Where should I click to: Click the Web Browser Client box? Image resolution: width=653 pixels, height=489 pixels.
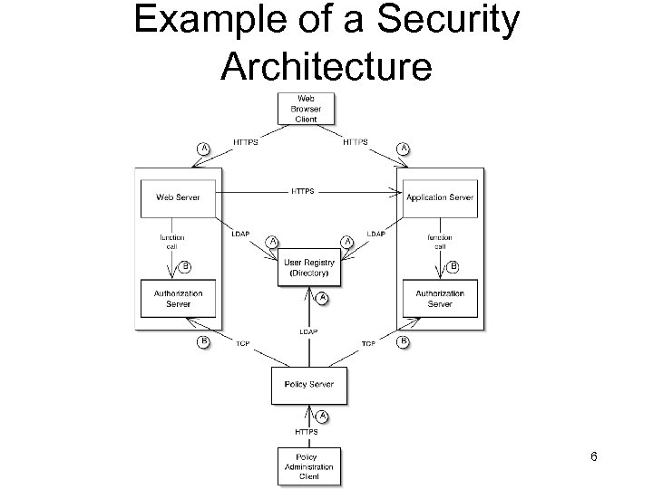click(306, 109)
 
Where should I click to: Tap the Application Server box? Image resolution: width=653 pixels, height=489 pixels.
click(440, 197)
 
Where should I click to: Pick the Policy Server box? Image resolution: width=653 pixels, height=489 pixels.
click(309, 385)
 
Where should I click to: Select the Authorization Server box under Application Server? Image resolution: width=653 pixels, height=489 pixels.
click(440, 299)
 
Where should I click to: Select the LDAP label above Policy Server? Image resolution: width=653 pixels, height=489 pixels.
click(308, 332)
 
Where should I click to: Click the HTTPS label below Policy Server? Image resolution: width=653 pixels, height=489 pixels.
click(308, 430)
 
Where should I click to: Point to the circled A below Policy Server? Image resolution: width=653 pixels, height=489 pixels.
click(321, 416)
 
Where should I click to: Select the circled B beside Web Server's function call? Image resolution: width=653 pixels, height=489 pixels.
click(186, 266)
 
